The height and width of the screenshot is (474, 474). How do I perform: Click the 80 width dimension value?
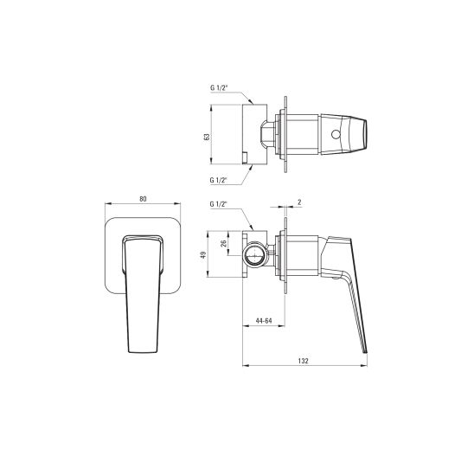144,199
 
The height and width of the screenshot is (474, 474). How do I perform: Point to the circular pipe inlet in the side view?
255,254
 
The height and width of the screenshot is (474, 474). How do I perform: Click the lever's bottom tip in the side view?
366,350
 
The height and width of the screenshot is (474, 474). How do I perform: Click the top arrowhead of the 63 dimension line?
211,107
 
